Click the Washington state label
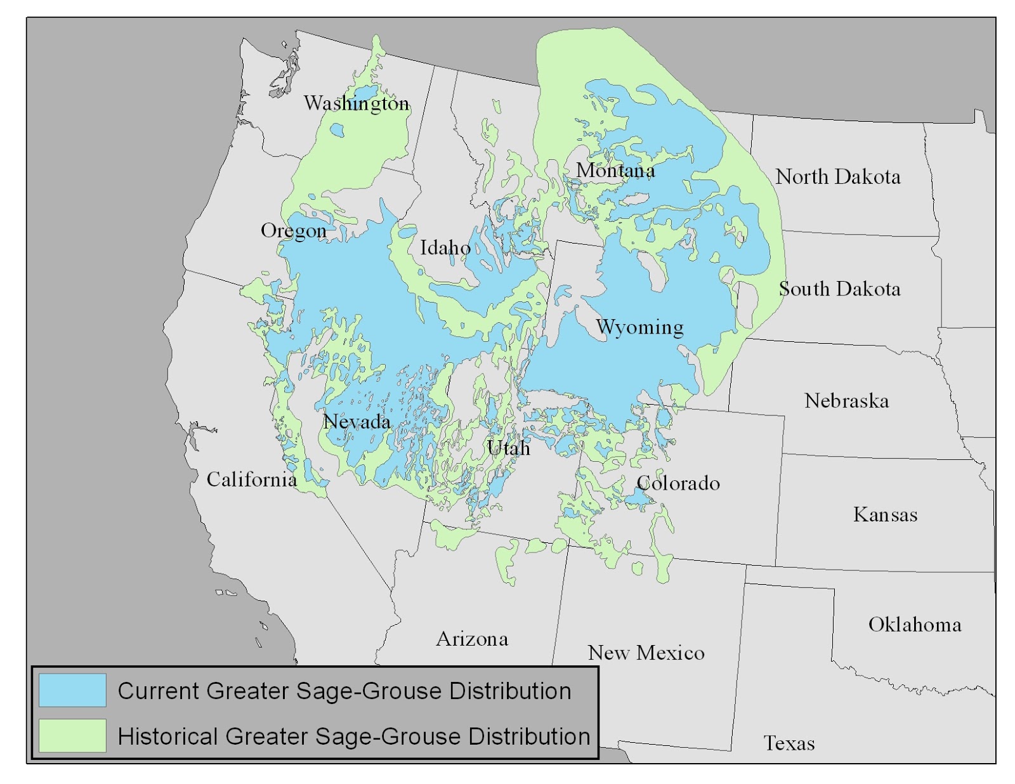pyautogui.click(x=356, y=103)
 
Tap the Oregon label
pyautogui.click(x=293, y=231)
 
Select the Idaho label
pyautogui.click(x=445, y=247)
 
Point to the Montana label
pyautogui.click(x=615, y=170)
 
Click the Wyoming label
pyautogui.click(x=639, y=327)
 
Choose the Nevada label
pyautogui.click(x=357, y=421)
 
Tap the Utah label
pyautogui.click(x=508, y=448)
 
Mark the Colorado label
pyautogui.click(x=678, y=483)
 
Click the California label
pyautogui.click(x=251, y=480)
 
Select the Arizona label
pyautogui.click(x=472, y=639)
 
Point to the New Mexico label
pyautogui.click(x=646, y=653)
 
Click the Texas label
pyautogui.click(x=789, y=743)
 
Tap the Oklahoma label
pyautogui.click(x=914, y=625)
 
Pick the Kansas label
pyautogui.click(x=885, y=514)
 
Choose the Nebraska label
pyautogui.click(x=846, y=401)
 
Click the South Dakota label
pyautogui.click(x=839, y=289)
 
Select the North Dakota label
pyautogui.click(x=837, y=177)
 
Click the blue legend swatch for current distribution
pyautogui.click(x=72, y=690)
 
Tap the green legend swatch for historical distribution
pyautogui.click(x=72, y=736)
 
